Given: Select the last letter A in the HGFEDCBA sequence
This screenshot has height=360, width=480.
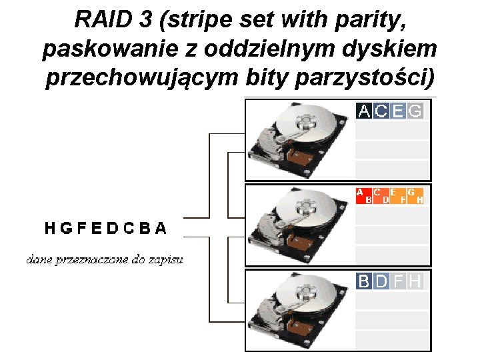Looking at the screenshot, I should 161,229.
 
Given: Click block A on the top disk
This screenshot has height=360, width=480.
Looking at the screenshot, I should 365,111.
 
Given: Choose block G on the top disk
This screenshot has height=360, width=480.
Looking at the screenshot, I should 415,111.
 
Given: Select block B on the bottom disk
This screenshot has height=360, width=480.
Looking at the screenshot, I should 365,281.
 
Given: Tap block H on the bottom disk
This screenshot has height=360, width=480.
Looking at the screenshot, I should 415,281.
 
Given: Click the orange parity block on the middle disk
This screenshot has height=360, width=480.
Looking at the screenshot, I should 390,195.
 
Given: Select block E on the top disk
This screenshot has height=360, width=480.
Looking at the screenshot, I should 398,111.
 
